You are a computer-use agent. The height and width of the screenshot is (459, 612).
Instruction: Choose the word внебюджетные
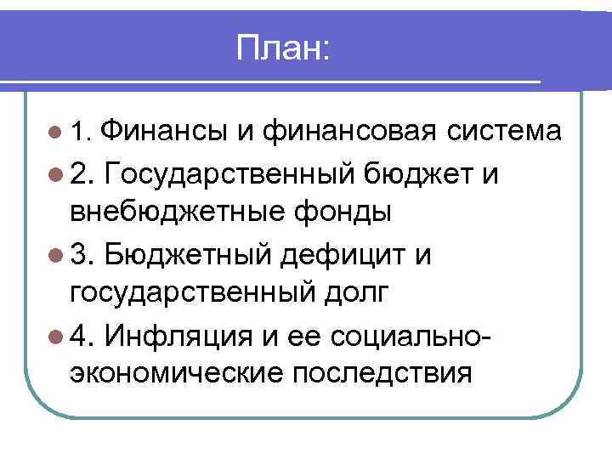pyautogui.click(x=173, y=212)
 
